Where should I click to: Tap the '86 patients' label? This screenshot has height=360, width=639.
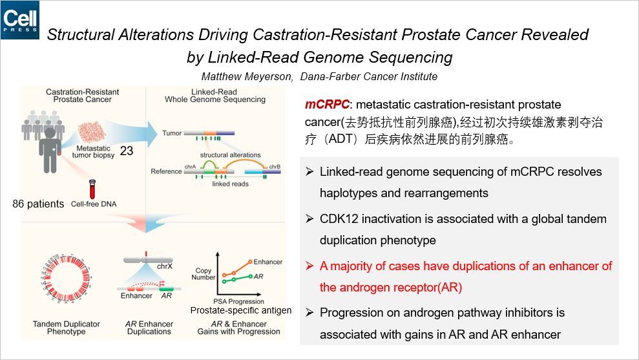(x=38, y=204)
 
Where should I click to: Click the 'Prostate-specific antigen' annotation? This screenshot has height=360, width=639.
(x=240, y=310)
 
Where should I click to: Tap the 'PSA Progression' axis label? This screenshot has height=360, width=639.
(x=238, y=301)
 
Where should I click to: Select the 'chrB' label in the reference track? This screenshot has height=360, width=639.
(x=275, y=167)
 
